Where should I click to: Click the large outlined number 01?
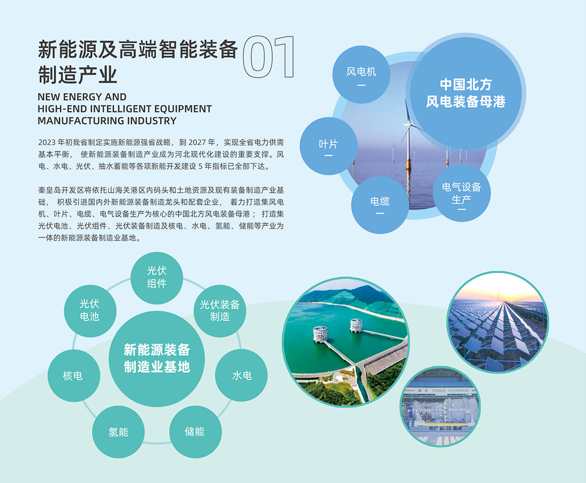269,57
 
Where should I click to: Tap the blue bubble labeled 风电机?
361,75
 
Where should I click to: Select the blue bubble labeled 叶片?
329,146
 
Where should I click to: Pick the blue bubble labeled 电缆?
380,205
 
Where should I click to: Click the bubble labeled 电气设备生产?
461,193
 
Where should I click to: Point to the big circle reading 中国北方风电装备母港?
466,93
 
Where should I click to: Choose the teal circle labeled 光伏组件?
157,278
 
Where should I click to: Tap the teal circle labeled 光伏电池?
90,311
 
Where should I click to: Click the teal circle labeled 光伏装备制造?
220,311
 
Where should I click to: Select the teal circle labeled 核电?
74,375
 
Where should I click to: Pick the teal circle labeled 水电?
241,375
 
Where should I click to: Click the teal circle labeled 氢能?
118,432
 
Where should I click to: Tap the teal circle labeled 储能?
195,432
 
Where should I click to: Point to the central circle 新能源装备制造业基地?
157,359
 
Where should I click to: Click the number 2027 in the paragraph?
196,142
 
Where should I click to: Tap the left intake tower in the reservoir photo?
320,334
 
